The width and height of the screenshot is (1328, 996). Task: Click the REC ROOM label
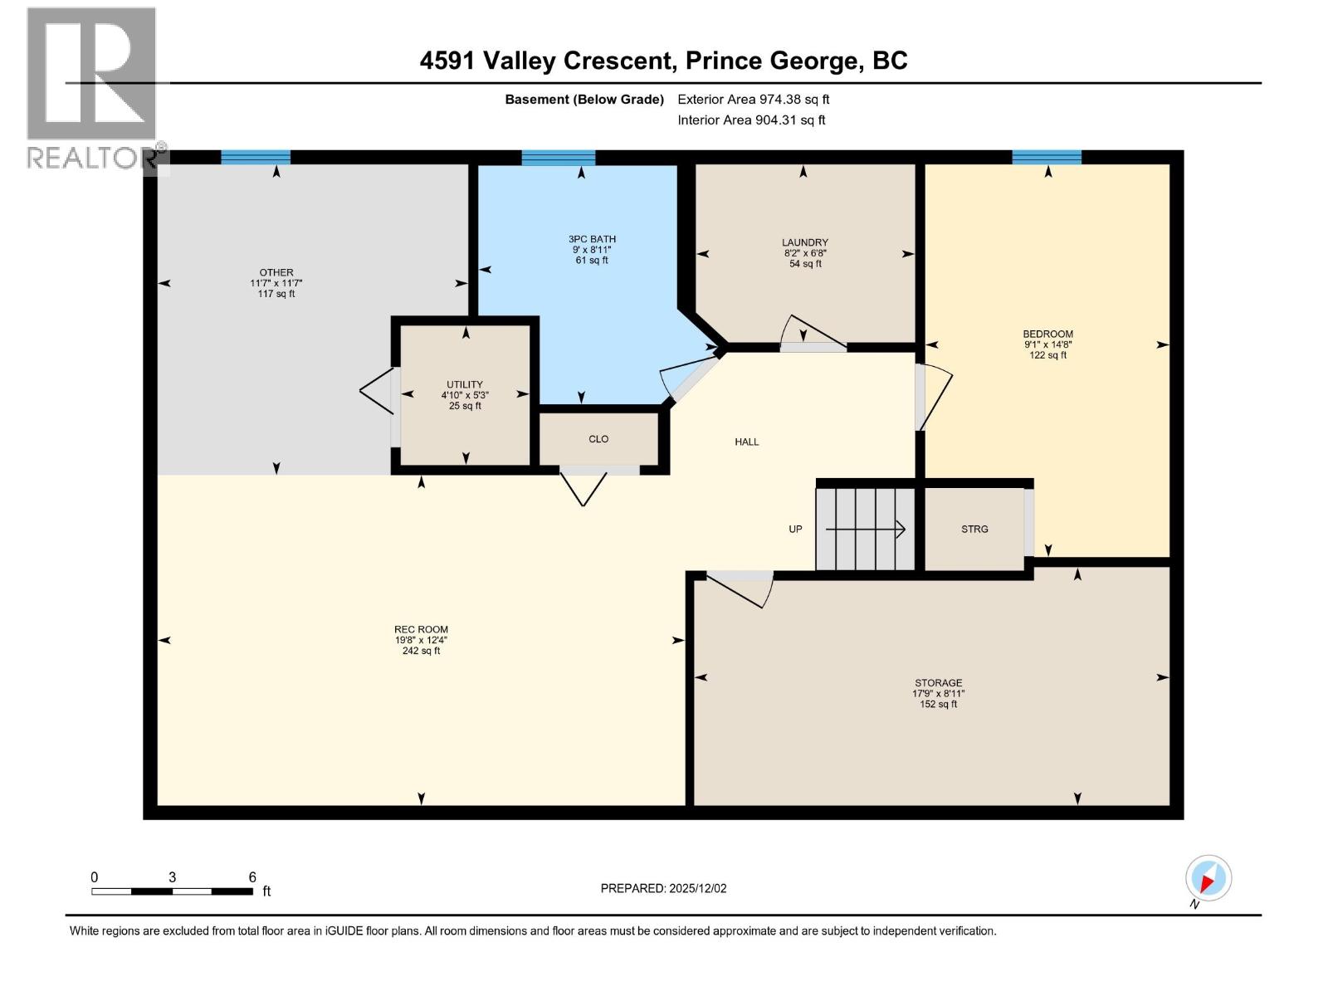tap(421, 629)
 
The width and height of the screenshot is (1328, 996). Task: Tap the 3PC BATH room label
tap(592, 239)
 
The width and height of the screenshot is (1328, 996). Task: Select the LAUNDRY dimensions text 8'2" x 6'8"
tap(805, 253)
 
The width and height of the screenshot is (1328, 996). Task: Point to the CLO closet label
tap(598, 439)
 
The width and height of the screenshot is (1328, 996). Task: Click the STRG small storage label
tap(974, 529)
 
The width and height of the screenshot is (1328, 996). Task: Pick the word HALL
tap(746, 442)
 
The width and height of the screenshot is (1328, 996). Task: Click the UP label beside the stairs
tap(795, 529)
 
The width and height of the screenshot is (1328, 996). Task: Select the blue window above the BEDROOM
tap(1047, 157)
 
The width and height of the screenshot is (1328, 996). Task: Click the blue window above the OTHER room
tap(256, 157)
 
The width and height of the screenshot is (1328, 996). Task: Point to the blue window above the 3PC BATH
tap(558, 157)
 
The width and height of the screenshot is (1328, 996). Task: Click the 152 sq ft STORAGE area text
tap(939, 704)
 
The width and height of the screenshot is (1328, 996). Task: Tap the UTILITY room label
tap(465, 384)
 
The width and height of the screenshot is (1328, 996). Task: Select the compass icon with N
tap(1208, 878)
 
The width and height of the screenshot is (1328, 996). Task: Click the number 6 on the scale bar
tap(252, 877)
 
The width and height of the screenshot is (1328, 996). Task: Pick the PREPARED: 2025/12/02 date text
tap(663, 888)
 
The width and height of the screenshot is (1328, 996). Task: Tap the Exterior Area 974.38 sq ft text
tap(754, 99)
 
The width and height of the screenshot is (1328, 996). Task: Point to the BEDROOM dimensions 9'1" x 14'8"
tap(1047, 344)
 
